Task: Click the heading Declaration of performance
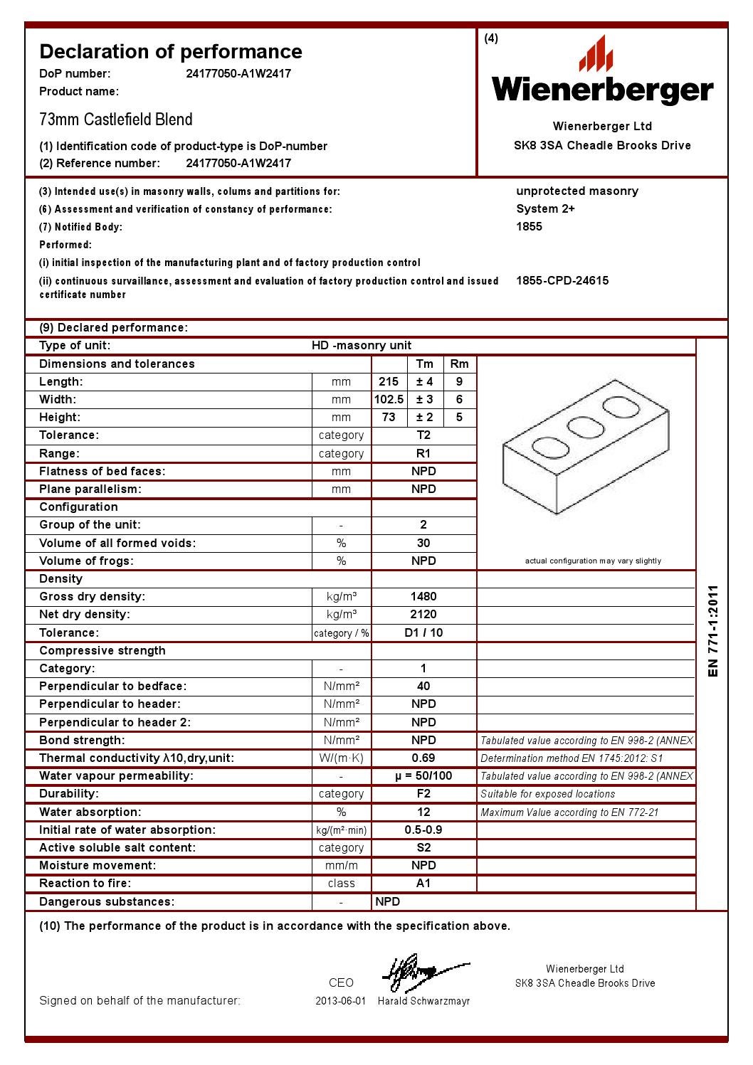click(x=171, y=51)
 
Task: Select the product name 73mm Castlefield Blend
click(x=116, y=119)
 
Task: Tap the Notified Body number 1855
click(x=529, y=226)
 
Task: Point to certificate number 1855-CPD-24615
click(x=562, y=280)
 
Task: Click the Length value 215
click(x=389, y=381)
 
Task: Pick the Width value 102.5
click(x=389, y=399)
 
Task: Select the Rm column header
click(x=460, y=364)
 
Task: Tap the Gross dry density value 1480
click(x=423, y=596)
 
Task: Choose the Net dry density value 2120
click(x=423, y=614)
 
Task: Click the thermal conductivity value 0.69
click(x=423, y=758)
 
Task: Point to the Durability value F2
click(x=423, y=793)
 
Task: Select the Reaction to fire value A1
click(x=423, y=883)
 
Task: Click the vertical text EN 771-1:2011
click(x=713, y=631)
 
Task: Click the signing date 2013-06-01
click(x=340, y=1001)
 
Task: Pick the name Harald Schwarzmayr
click(x=423, y=1001)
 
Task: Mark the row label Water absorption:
click(x=90, y=812)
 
